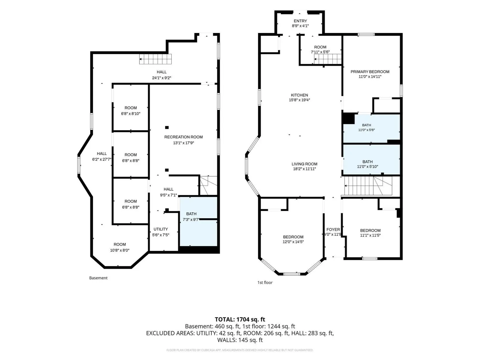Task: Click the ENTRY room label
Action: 300,21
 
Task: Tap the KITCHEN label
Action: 299,95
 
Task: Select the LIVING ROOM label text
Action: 304,164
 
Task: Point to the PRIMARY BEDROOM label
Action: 370,72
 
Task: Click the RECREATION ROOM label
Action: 183,137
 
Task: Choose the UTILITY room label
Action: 161,229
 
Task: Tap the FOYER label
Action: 333,230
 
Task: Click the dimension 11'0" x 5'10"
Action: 367,167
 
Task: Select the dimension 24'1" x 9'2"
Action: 161,78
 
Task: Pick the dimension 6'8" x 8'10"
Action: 131,114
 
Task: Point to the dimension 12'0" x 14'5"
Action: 293,242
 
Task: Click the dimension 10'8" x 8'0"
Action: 120,250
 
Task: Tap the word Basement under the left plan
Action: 98,278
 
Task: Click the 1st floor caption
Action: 265,283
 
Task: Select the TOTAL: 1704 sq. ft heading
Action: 240,319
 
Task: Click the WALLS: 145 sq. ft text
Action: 240,340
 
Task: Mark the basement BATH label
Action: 191,214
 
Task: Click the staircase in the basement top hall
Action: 155,59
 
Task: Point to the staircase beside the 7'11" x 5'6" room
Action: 328,59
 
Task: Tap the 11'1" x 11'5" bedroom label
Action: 370,230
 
